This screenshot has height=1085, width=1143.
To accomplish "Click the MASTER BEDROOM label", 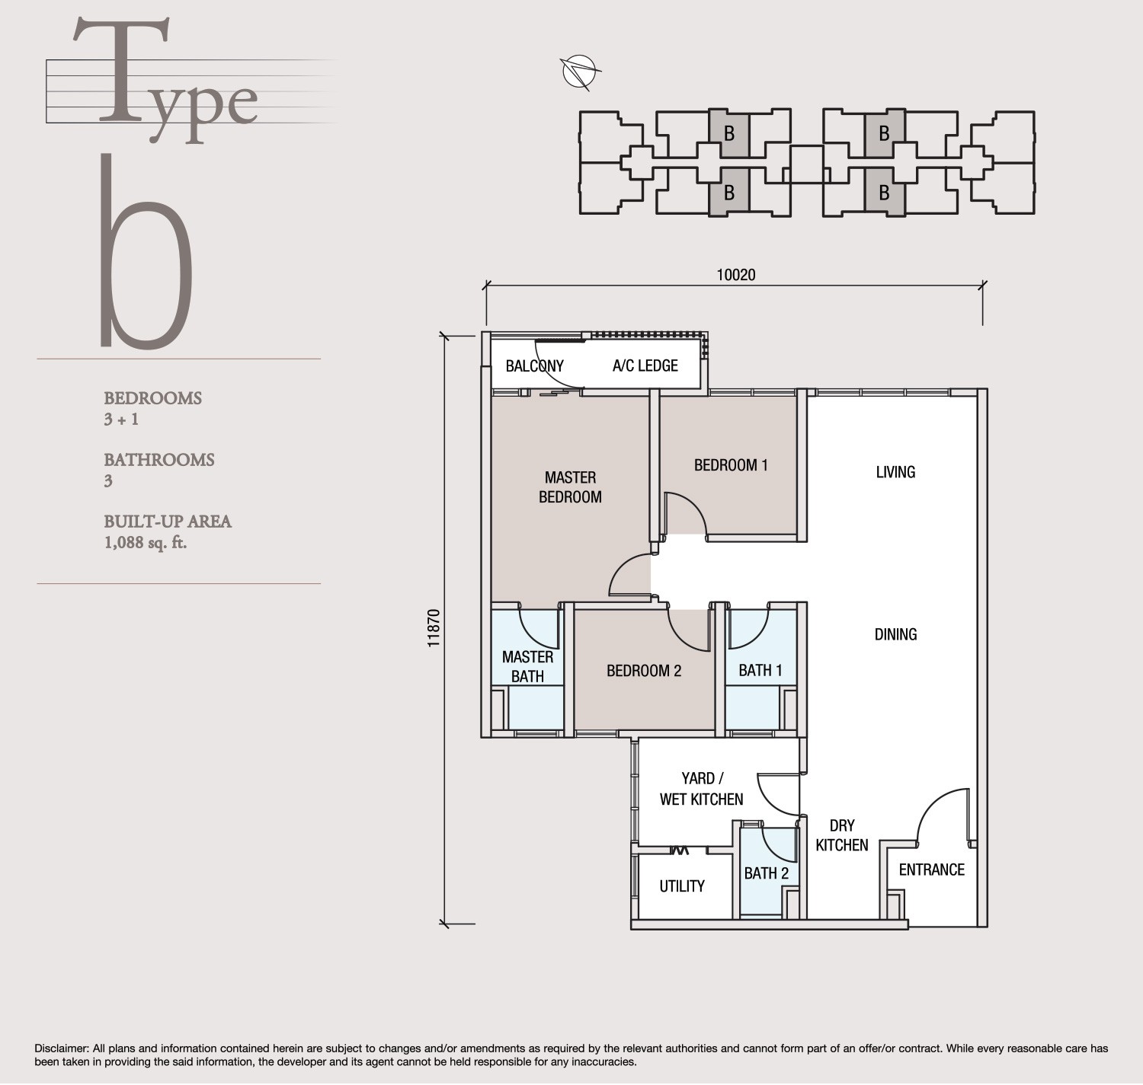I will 570,487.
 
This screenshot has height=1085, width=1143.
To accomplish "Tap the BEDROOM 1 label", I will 730,464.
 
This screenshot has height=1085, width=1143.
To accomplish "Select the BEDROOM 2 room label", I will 643,671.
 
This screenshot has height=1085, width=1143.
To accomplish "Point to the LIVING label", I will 895,472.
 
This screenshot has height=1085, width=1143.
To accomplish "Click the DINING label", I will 895,634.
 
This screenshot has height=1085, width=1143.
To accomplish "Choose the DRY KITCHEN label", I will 841,835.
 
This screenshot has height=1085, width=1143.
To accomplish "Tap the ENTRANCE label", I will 931,870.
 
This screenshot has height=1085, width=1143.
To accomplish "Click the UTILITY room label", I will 681,886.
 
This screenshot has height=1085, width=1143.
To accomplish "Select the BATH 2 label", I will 766,873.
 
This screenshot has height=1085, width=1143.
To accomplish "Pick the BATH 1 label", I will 760,670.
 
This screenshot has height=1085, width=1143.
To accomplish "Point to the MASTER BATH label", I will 527,666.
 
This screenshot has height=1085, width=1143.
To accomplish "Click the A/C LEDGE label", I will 645,365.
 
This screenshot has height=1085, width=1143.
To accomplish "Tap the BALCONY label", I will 534,365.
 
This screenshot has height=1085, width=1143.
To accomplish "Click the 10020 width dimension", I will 735,275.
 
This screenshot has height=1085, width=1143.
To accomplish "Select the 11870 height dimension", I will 434,627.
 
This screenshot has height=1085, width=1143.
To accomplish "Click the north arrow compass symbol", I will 578,72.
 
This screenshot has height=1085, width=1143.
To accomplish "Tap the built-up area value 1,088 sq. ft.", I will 146,543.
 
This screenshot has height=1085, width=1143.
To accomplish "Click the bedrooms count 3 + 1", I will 121,420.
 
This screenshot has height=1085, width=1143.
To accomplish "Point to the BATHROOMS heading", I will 159,460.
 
